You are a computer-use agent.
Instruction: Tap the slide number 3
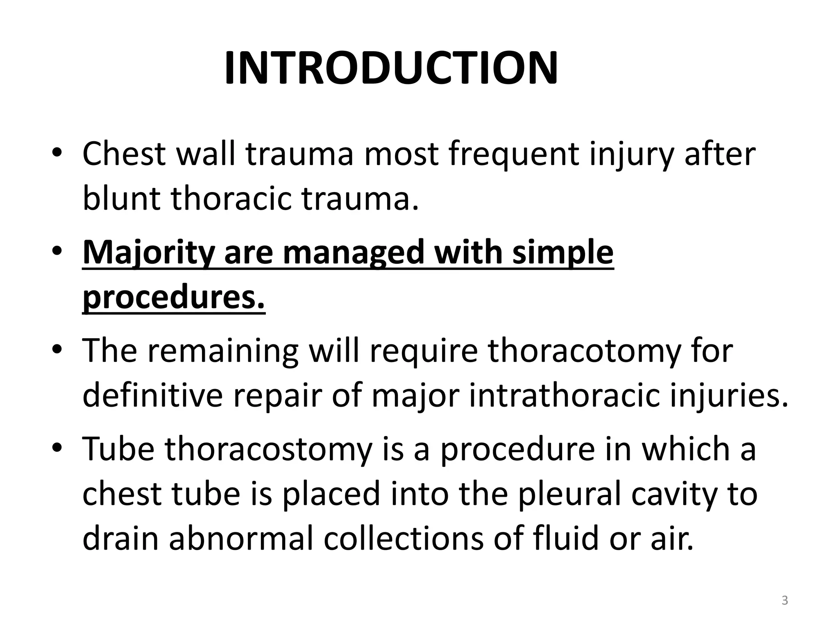coord(785,600)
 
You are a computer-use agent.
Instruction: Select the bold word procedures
coord(174,298)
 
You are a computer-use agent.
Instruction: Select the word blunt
coord(122,199)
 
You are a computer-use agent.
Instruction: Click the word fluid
coord(567,538)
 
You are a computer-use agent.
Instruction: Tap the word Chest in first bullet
coord(124,154)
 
